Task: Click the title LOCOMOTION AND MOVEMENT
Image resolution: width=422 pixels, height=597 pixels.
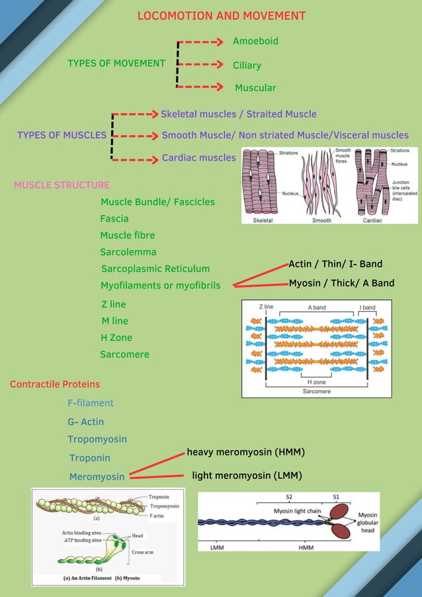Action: click(221, 16)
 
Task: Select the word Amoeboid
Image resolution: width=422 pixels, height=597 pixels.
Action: click(255, 41)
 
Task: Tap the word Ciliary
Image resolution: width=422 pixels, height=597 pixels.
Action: click(247, 66)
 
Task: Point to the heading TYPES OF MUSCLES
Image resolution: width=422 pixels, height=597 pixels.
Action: click(62, 135)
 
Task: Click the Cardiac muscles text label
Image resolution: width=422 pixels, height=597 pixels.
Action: click(198, 158)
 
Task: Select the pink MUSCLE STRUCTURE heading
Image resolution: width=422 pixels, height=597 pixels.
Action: click(62, 185)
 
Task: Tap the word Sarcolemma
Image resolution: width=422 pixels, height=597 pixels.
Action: click(128, 252)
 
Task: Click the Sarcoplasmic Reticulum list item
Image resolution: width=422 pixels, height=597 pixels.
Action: click(155, 269)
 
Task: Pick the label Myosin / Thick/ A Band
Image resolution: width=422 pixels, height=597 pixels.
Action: click(341, 283)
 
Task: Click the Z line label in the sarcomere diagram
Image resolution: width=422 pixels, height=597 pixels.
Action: click(266, 308)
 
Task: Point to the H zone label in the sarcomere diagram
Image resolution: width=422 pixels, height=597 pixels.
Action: click(316, 383)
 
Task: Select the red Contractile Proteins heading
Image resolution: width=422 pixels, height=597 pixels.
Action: click(55, 384)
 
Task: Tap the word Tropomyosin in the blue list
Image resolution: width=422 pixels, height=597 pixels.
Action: click(97, 439)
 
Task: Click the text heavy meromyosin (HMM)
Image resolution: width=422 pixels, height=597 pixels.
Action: click(245, 452)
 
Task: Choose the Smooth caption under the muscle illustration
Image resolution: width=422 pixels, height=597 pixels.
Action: click(322, 220)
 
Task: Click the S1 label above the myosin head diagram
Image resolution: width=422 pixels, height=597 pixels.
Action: click(335, 497)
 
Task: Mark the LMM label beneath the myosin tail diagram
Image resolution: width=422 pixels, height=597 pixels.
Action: click(217, 547)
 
